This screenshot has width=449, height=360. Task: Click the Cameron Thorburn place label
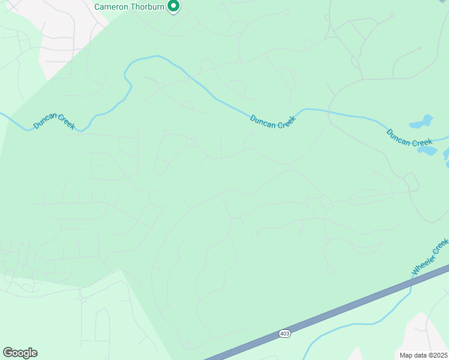click(x=130, y=7)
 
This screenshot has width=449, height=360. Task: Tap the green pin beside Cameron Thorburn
click(x=173, y=6)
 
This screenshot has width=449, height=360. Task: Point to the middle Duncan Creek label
click(x=273, y=121)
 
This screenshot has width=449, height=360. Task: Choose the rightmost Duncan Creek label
click(x=409, y=137)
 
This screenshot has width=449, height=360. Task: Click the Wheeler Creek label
click(x=430, y=257)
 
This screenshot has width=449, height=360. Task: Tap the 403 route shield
click(x=285, y=333)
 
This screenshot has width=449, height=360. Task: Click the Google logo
click(x=20, y=353)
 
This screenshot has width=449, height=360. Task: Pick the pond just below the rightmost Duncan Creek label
click(x=427, y=150)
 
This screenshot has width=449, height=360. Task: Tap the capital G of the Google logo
click(x=8, y=353)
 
